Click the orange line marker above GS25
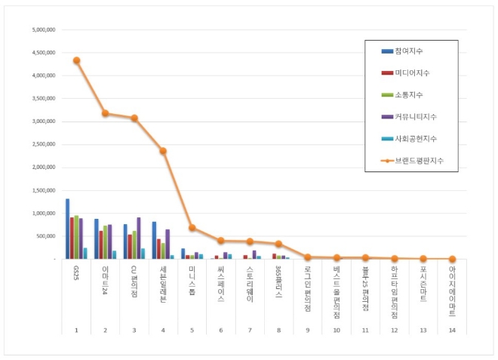click(76, 60)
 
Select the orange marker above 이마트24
click(105, 113)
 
